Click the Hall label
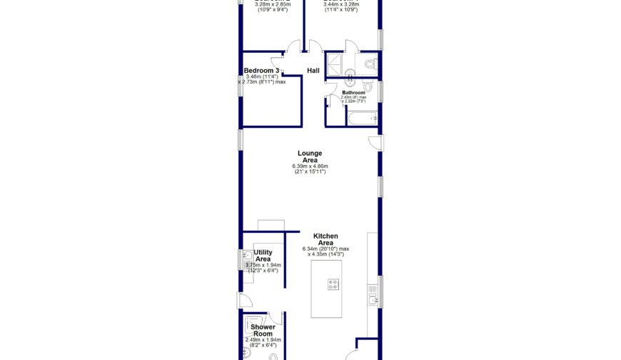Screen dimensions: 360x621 click(x=313, y=71)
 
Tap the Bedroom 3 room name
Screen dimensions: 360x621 click(x=261, y=71)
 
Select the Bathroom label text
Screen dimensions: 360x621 click(x=353, y=93)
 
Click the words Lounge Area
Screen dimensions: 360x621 click(x=310, y=156)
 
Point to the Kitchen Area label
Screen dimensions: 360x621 click(x=326, y=239)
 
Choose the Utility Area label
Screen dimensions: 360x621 click(x=263, y=256)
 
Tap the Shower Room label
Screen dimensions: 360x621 click(x=263, y=330)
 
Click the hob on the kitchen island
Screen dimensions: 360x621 click(x=333, y=284)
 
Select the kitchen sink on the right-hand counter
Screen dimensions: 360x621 click(x=373, y=294)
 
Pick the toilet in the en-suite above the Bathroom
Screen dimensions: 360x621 click(x=368, y=64)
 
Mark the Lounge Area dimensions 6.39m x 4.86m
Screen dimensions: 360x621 click(x=310, y=166)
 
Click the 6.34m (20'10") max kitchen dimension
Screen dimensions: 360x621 click(x=329, y=249)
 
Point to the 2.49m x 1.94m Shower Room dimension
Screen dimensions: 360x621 click(x=263, y=340)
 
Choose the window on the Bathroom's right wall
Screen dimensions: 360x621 click(x=381, y=91)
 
